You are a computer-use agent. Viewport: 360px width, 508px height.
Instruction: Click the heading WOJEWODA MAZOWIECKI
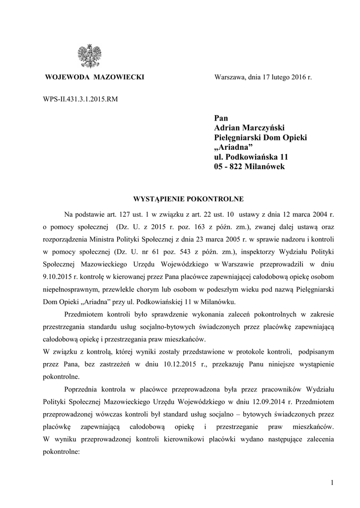pos(94,78)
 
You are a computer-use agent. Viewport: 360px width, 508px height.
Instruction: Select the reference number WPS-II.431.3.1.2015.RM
pos(80,99)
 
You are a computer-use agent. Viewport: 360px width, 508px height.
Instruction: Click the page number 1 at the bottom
pos(330,483)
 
